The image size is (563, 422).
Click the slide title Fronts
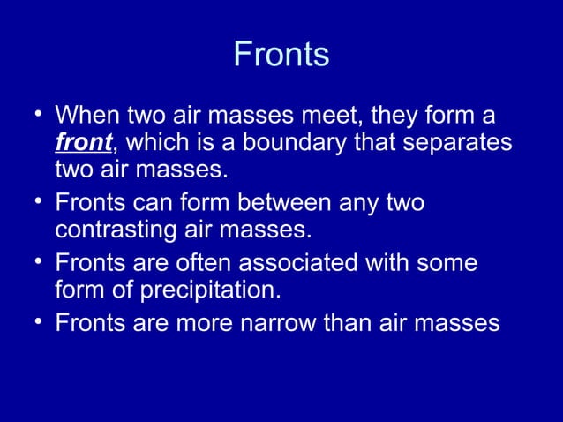281,55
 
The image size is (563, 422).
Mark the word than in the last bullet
357,323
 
